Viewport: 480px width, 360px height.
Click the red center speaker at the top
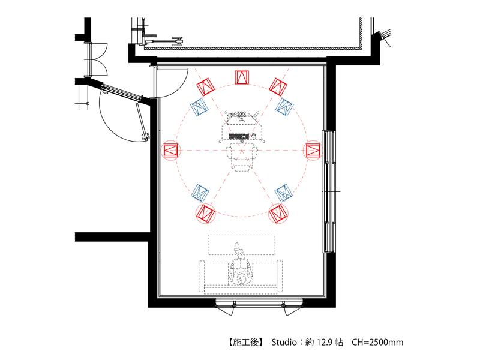pyautogui.click(x=242, y=77)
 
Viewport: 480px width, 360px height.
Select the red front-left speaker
pyautogui.click(x=205, y=87)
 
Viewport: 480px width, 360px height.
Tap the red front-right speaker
pyautogui.click(x=278, y=87)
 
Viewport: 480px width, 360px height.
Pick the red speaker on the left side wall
pyautogui.click(x=171, y=151)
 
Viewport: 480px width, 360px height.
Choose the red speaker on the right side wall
pyautogui.click(x=313, y=151)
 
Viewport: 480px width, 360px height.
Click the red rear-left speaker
pyautogui.click(x=205, y=214)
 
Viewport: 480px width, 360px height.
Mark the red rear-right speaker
pyautogui.click(x=278, y=214)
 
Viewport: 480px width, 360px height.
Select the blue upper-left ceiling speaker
pyautogui.click(x=199, y=107)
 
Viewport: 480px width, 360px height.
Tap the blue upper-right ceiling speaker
pyautogui.click(x=284, y=107)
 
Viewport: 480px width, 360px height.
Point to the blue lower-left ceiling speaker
pyautogui.click(x=200, y=193)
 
